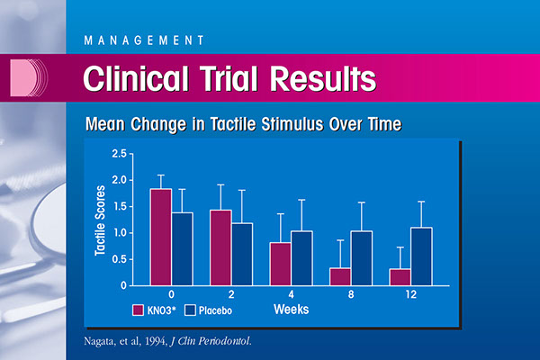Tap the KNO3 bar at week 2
pos(220,247)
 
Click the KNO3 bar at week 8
pos(339,276)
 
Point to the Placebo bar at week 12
pos(420,256)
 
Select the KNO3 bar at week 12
pos(398,277)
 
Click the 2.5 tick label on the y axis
pos(120,155)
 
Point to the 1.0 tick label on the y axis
pos(120,233)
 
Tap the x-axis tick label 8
pos(349,293)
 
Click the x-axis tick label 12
pos(409,293)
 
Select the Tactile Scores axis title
pos(100,219)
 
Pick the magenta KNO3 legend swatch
pos(139,310)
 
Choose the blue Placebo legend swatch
pos(190,310)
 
